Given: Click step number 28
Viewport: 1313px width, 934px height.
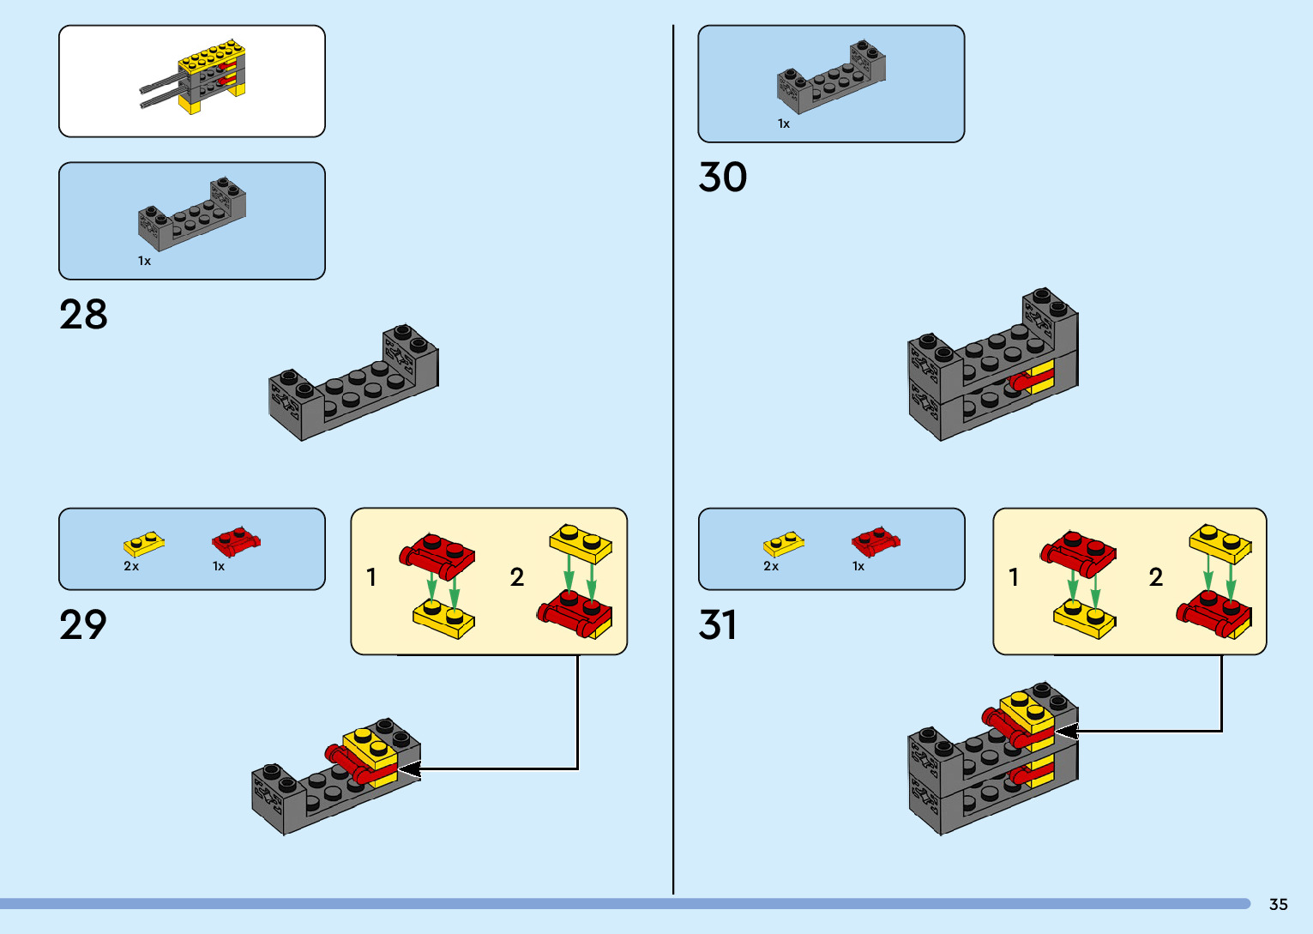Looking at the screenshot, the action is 83,315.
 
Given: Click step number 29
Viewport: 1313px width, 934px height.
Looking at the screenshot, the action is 83,625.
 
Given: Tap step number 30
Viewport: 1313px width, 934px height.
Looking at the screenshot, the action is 723,178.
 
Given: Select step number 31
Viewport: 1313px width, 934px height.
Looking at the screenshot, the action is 718,625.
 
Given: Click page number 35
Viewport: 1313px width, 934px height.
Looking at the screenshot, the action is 1278,904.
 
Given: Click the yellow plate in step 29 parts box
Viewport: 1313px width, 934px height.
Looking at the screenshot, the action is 144,543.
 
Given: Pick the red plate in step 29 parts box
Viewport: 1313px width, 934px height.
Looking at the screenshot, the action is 236,540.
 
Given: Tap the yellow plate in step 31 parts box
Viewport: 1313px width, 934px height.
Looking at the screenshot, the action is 784,543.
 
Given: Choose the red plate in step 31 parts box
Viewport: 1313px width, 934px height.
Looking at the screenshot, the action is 876,540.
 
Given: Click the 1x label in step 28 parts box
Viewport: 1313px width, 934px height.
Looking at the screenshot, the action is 144,261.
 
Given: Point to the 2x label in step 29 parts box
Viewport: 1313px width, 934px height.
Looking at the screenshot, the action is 131,566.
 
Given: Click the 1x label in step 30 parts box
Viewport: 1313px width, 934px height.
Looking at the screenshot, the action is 784,124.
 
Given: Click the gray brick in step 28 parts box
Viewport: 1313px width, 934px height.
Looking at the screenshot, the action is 192,214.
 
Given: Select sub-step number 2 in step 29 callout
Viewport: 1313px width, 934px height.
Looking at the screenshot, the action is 517,577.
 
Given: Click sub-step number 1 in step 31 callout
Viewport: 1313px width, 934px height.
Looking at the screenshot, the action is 1014,577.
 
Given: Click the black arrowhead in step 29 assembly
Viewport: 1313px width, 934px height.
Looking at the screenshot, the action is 409,769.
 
